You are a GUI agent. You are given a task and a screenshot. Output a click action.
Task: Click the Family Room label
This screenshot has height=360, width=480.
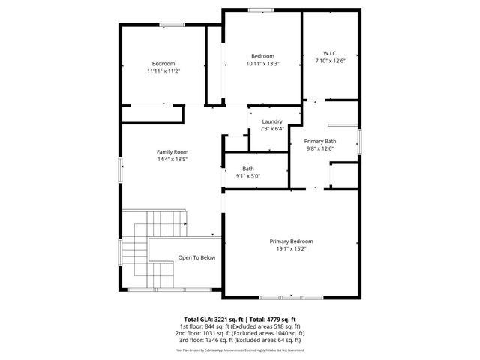[172, 151]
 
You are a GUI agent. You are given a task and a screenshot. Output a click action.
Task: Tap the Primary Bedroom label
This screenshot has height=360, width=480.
[292, 241]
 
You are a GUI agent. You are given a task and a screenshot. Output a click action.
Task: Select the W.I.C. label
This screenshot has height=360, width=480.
[330, 53]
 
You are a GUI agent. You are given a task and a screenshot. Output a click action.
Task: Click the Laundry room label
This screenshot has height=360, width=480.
[271, 121]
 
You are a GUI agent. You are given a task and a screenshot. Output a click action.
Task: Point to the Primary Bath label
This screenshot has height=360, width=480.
[319, 141]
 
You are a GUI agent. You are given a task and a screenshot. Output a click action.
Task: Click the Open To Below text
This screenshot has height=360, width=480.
[196, 257]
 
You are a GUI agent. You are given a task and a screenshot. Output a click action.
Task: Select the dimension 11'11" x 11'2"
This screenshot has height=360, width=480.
[163, 70]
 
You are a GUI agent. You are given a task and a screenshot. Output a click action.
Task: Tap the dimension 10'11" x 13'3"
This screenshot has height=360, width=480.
[262, 64]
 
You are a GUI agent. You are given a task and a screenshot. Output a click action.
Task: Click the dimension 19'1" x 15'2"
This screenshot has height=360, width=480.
[292, 248]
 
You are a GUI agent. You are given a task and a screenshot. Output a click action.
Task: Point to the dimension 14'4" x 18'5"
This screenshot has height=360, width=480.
[172, 159]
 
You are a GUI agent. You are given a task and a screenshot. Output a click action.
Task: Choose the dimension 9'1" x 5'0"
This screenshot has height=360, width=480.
[248, 176]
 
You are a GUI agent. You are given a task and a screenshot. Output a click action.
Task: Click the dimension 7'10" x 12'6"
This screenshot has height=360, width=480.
[330, 61]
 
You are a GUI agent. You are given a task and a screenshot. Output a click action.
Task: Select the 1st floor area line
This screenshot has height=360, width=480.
[240, 326]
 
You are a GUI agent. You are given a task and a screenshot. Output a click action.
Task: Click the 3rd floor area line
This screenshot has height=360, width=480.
[240, 340]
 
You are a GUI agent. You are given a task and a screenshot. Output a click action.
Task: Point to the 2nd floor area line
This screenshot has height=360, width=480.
[240, 333]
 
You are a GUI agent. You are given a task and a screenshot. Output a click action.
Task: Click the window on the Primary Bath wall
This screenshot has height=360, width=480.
[360, 140]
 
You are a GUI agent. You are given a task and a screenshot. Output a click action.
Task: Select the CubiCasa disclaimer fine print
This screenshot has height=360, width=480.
[240, 349]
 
